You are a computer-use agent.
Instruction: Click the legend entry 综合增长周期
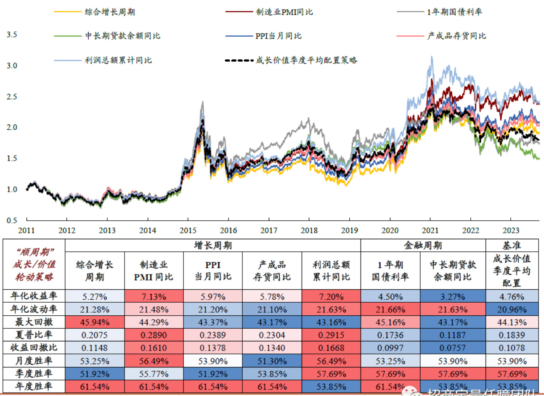coord(110,12)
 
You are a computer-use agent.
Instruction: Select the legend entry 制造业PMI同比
coord(284,12)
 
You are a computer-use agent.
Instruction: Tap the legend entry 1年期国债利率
coord(454,12)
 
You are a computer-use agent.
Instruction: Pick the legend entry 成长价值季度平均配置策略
coord(306,60)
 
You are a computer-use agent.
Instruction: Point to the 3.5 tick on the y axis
coord(12,34)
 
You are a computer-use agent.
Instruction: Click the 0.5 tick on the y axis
coord(12,220)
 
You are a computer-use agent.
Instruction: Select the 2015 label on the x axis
coord(188,230)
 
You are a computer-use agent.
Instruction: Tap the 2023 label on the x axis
coord(511,230)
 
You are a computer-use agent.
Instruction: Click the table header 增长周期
coord(213,246)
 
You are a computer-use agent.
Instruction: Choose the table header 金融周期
coord(423,246)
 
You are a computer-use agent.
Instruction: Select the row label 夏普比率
coord(34,335)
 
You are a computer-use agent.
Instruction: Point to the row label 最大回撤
coord(34,322)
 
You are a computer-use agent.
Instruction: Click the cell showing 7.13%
coord(154,297)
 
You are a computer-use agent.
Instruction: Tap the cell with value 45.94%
coord(95,322)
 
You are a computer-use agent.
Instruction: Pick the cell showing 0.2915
coord(331,335)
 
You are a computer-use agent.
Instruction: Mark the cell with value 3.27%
coord(453,297)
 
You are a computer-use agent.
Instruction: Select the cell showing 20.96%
coord(512,309)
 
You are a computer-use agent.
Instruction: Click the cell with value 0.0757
coord(453,348)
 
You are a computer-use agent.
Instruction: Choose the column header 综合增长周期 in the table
coord(95,271)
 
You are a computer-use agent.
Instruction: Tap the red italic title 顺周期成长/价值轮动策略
coord(34,264)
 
